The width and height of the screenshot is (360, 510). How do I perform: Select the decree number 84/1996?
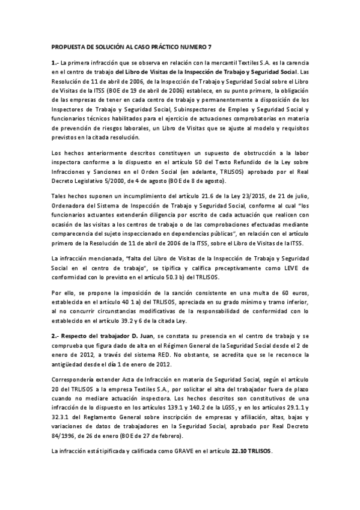61,436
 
